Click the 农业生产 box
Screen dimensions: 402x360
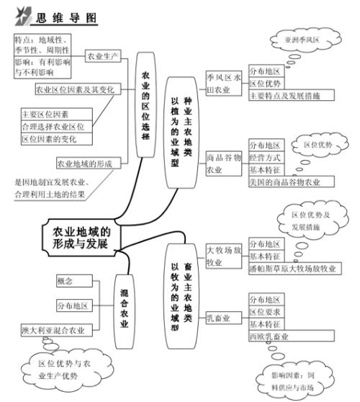coord(103,55)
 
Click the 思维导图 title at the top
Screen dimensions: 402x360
coord(60,15)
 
